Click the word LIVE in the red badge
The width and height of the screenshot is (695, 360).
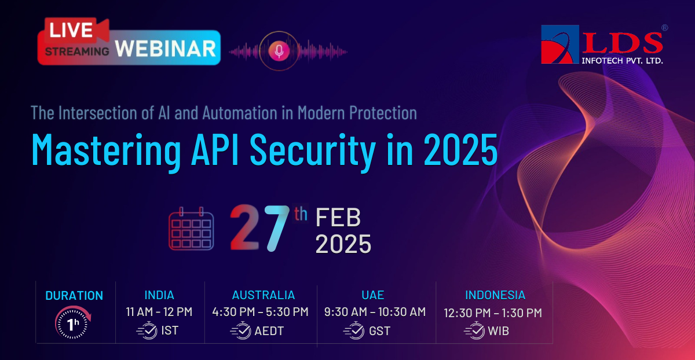[71, 30]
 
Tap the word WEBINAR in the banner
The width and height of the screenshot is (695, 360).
[166, 49]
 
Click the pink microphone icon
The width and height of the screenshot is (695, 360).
[279, 51]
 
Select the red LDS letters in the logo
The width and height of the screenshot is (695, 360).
[623, 43]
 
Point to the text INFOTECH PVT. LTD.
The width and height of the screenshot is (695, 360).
[622, 60]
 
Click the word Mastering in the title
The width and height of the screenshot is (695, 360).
[106, 150]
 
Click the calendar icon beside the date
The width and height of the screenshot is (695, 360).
[191, 229]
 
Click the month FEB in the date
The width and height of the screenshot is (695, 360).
[338, 217]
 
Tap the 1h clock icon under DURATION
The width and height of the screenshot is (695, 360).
[72, 322]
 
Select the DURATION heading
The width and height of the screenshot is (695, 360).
[74, 296]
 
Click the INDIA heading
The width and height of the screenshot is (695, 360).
[159, 295]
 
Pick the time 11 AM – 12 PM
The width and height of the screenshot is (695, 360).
[159, 311]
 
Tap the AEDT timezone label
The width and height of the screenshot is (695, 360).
[269, 331]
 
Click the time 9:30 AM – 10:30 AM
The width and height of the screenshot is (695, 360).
[375, 311]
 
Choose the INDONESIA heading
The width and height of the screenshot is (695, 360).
[495, 295]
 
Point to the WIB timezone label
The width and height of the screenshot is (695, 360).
[498, 331]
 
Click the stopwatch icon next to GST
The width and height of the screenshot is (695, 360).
[354, 330]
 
